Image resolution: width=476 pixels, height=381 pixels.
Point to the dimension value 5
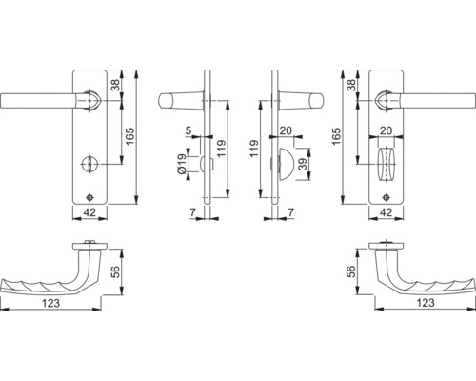pos(190,130)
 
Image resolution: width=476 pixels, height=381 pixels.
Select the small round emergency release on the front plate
pos(91,160)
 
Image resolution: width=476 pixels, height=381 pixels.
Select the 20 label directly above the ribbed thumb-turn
pos(386,130)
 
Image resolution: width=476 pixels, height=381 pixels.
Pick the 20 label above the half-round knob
pos(285,130)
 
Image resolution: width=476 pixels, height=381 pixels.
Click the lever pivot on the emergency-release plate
pos(91,98)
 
